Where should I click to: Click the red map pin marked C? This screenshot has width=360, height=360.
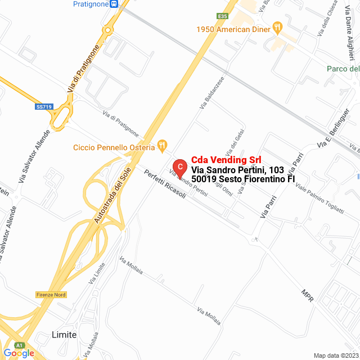[179, 167]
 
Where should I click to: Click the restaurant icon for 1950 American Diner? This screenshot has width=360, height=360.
[277, 27]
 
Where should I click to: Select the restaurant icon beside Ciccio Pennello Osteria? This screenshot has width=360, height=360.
[162, 146]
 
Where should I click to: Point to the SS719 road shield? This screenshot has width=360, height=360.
[44, 106]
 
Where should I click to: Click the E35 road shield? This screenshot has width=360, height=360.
[223, 16]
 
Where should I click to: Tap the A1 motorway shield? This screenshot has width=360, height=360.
[20, 345]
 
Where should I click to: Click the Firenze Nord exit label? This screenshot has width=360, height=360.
[51, 295]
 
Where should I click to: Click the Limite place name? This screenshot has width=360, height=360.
[64, 334]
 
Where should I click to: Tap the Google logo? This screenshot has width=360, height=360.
[19, 353]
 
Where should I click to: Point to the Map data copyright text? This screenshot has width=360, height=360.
[335, 355]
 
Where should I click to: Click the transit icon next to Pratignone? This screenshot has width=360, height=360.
[114, 4]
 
